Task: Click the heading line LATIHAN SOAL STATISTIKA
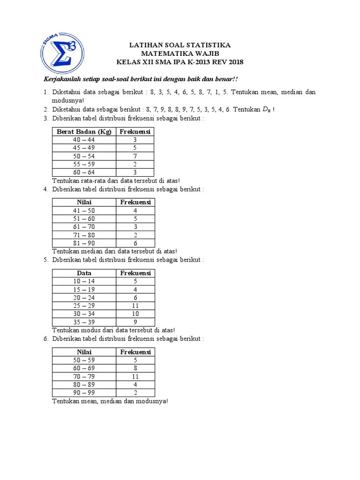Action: pos(180,45)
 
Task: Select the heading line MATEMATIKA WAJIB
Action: pos(180,54)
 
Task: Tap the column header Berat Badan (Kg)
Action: pos(84,132)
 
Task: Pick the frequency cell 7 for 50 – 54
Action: pos(135,156)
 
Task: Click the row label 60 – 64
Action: pos(84,172)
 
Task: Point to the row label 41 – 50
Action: pos(84,210)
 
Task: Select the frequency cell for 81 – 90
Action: pos(135,243)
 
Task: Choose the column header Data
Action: pos(84,273)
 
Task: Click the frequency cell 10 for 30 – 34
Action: pos(135,314)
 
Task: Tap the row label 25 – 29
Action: pos(84,306)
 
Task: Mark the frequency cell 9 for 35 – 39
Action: pos(135,322)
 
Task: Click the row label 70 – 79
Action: pos(84,376)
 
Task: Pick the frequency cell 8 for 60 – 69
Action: pos(135,368)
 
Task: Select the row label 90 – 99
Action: pos(84,393)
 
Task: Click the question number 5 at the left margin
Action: pos(46,260)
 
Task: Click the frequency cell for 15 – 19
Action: pos(135,289)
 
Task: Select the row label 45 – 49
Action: pos(84,148)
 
